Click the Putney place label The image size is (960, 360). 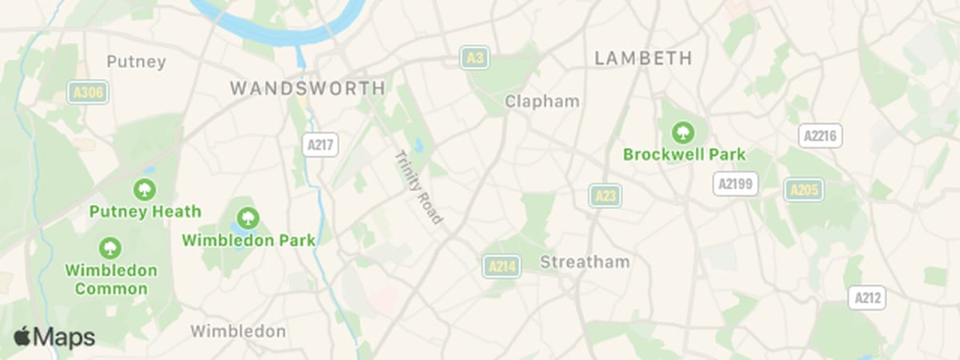tap(136, 62)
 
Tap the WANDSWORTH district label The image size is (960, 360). tap(307, 88)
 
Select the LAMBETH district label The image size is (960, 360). tap(643, 58)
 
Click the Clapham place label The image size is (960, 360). tap(542, 102)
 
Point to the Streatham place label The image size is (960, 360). tap(585, 262)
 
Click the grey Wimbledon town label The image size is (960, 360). tap(238, 330)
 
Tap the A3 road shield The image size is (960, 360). tap(474, 58)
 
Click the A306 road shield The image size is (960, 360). tap(88, 93)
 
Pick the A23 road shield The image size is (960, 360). tap(606, 195)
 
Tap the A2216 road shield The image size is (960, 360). tap(820, 135)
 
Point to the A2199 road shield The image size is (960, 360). tap(735, 184)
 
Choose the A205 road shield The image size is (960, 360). tap(804, 190)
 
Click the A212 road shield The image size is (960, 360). tap(868, 298)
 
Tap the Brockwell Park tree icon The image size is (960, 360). tap(684, 130)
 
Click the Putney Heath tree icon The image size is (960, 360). tap(145, 190)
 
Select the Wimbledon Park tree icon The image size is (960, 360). tap(249, 217)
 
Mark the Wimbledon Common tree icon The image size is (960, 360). tap(110, 247)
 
